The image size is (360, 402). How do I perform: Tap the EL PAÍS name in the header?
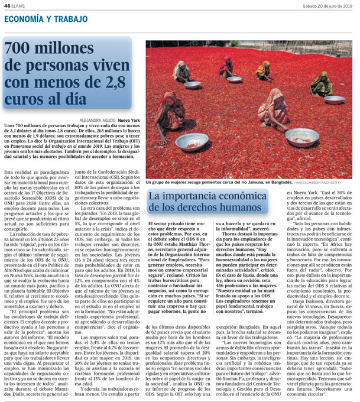[19, 5]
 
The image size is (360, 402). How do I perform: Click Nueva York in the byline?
[129, 120]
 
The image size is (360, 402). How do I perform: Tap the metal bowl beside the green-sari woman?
[335, 99]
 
